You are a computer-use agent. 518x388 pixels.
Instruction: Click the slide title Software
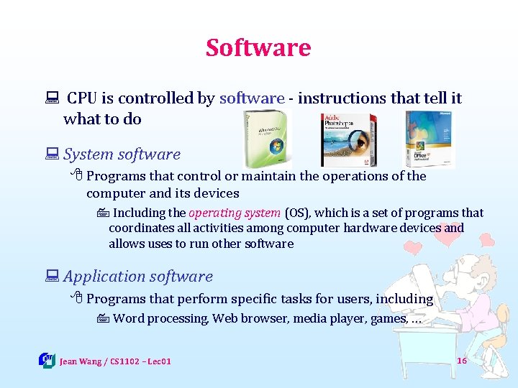click(258, 47)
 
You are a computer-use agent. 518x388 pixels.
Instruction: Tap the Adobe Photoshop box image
click(349, 139)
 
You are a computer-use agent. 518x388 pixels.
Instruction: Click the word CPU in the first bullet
click(83, 98)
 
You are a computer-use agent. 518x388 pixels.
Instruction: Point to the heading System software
click(122, 154)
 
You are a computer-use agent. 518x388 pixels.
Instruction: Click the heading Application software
click(138, 277)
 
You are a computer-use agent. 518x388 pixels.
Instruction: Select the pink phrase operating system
click(234, 213)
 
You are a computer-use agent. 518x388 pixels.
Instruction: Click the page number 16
click(462, 360)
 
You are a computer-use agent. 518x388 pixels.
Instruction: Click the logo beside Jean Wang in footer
click(47, 360)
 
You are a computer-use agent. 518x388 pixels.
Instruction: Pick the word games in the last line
click(388, 318)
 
